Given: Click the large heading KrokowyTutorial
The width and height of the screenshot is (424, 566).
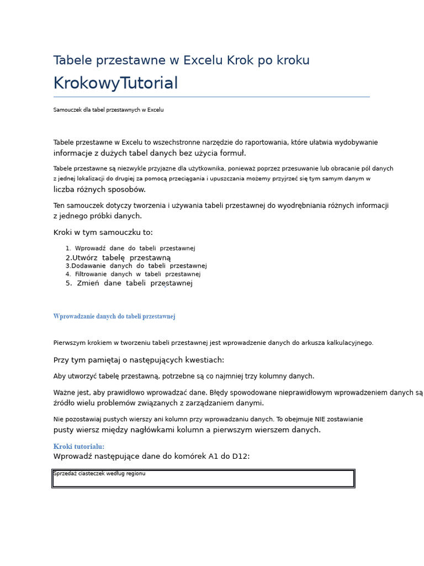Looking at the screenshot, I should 115,83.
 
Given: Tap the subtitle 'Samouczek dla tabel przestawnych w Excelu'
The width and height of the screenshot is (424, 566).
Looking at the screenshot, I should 108,110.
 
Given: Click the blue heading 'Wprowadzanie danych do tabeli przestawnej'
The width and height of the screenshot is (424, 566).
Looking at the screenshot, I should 114,317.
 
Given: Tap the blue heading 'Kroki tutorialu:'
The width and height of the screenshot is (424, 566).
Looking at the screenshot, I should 79,447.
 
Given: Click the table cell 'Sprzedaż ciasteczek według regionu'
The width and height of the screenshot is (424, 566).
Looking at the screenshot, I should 99,474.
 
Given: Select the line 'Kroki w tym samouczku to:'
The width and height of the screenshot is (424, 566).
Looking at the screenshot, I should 103,233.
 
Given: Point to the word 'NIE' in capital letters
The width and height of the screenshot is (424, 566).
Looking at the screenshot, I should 321,420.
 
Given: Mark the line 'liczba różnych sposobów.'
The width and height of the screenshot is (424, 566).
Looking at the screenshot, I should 99,190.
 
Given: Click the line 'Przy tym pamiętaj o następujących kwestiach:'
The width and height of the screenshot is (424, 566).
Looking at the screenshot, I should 139,360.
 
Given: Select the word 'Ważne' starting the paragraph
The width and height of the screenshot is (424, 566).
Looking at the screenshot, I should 63,392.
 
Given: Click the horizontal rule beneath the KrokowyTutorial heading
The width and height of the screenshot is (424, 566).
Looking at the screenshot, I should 211,97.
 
